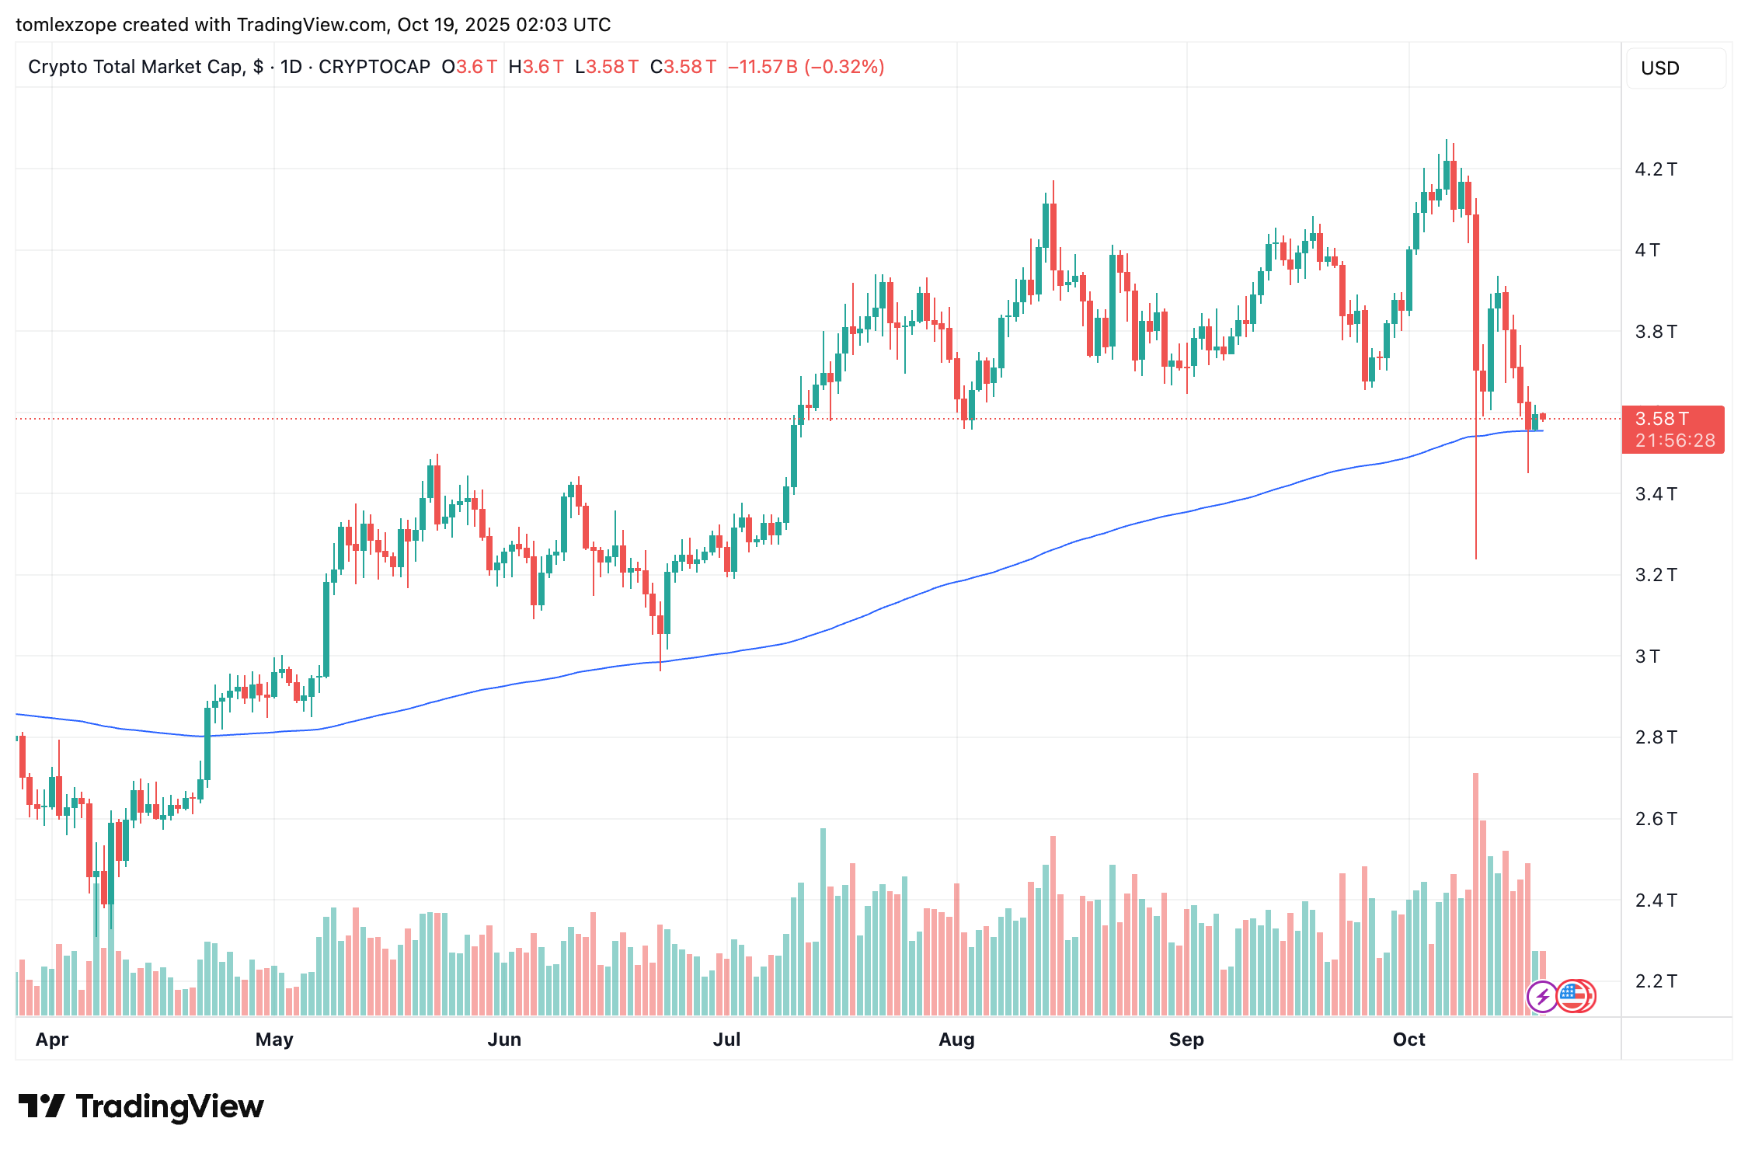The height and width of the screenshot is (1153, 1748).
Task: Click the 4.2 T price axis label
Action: click(1656, 169)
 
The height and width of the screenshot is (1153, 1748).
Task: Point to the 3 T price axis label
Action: click(1647, 657)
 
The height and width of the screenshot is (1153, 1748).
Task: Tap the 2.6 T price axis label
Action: click(1656, 819)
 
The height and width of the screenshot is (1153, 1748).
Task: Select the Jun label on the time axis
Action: click(504, 1040)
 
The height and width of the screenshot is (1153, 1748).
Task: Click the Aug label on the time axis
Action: click(956, 1040)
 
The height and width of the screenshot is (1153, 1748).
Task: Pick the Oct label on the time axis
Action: click(1408, 1040)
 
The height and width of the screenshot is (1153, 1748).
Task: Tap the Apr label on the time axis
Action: click(52, 1040)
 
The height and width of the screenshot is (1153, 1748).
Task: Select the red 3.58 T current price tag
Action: click(1673, 429)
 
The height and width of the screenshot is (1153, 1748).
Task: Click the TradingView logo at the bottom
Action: click(141, 1106)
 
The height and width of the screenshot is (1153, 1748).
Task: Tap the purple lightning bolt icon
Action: click(1542, 997)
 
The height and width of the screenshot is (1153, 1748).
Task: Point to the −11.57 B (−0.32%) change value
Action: click(806, 67)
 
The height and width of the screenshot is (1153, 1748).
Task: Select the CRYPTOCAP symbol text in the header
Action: click(374, 67)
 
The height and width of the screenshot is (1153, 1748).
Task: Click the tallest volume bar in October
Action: click(1475, 893)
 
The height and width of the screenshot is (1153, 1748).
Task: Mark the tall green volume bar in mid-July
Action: click(823, 921)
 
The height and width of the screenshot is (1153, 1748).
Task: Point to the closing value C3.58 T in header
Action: click(683, 67)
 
